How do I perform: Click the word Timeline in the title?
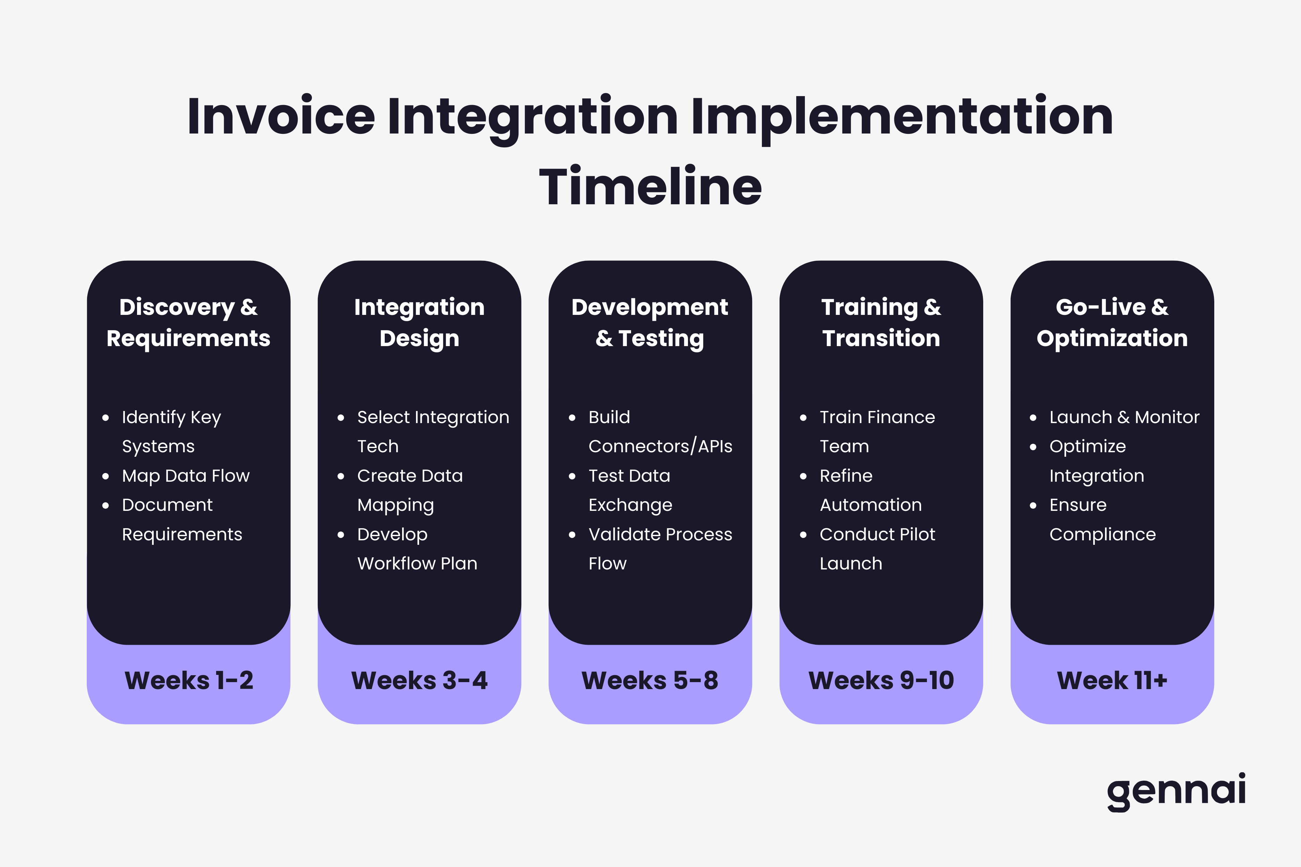pos(650,187)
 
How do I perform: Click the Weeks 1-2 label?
pos(189,680)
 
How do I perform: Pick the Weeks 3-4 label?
pos(419,680)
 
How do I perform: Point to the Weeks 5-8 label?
pos(650,680)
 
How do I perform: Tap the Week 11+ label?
pos(1112,680)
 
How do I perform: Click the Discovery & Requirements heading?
pos(189,323)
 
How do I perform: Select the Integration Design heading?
pos(419,323)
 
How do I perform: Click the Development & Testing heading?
pos(650,323)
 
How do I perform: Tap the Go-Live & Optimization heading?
pos(1112,323)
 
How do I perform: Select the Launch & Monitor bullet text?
pos(1124,417)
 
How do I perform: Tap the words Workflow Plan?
pos(417,564)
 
